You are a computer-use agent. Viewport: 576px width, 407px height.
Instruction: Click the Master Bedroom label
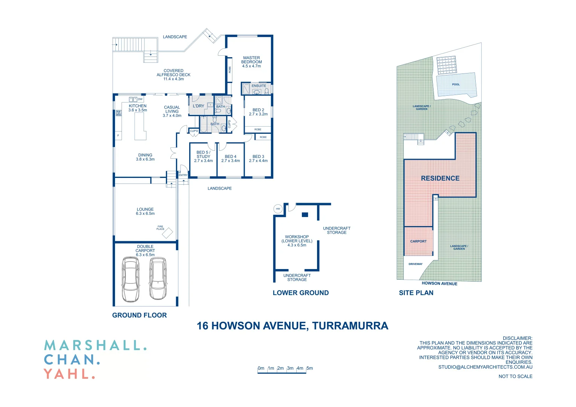click(x=251, y=62)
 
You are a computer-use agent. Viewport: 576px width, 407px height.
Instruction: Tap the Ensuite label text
click(x=259, y=86)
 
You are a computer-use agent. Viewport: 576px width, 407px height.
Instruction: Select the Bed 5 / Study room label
click(x=203, y=156)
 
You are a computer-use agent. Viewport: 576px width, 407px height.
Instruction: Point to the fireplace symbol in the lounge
click(x=167, y=233)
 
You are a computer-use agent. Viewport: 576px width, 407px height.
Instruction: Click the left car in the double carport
click(x=130, y=279)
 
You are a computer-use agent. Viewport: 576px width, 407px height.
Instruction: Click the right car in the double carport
click(x=158, y=278)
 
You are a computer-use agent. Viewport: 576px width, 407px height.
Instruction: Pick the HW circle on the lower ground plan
click(x=278, y=209)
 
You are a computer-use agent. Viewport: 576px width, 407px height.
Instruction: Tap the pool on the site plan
click(x=456, y=85)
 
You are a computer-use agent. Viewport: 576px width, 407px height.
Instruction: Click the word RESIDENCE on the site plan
click(x=440, y=178)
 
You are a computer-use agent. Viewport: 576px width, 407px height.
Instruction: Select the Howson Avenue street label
click(x=439, y=283)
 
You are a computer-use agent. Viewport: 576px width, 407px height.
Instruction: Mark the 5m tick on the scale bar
click(x=309, y=369)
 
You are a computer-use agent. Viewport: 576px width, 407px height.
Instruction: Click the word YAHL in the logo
click(x=69, y=374)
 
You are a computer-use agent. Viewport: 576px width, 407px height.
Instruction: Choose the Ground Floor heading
click(x=139, y=315)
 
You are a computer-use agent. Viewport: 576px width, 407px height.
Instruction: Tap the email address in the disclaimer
click(x=485, y=367)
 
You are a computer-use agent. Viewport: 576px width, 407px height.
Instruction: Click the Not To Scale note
click(x=515, y=376)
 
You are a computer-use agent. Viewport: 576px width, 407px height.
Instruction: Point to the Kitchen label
click(x=138, y=106)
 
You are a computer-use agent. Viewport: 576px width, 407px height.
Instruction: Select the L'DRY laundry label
click(x=198, y=106)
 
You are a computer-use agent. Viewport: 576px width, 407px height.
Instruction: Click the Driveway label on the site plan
click(x=415, y=264)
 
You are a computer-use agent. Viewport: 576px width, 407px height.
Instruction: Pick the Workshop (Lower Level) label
click(x=297, y=241)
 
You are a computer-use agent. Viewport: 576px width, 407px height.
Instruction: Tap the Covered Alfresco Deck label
click(x=173, y=75)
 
